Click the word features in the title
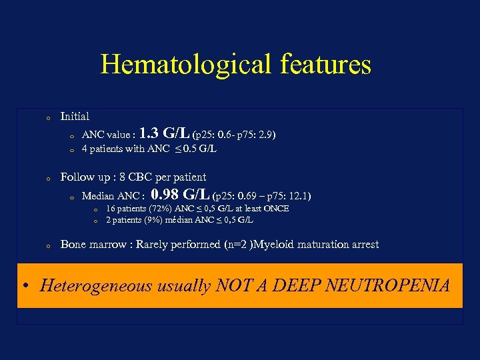pyautogui.click(x=331, y=65)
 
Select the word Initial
pyautogui.click(x=75, y=116)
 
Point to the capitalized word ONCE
pyautogui.click(x=275, y=209)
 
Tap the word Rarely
pyautogui.click(x=153, y=245)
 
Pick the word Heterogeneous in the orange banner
pyautogui.click(x=97, y=286)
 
